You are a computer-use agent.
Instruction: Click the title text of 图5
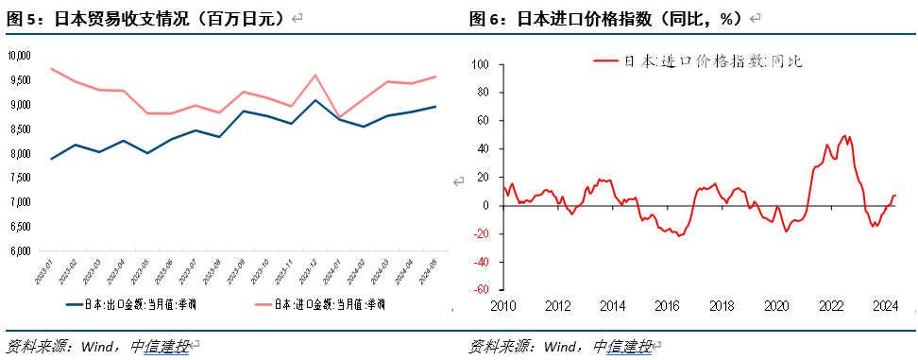[x=145, y=18]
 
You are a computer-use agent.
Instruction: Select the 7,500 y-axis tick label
[x=19, y=178]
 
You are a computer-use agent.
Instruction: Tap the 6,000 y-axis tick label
[x=19, y=251]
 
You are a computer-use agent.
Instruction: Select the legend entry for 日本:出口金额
[x=132, y=304]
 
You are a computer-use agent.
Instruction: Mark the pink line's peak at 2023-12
[x=314, y=76]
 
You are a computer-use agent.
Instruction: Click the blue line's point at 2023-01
[x=51, y=159]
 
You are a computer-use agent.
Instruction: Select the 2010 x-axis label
[x=502, y=306]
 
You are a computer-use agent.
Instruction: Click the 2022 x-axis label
[x=831, y=306]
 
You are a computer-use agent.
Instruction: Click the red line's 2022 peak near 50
[x=844, y=136]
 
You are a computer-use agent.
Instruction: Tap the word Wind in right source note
[x=565, y=346]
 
